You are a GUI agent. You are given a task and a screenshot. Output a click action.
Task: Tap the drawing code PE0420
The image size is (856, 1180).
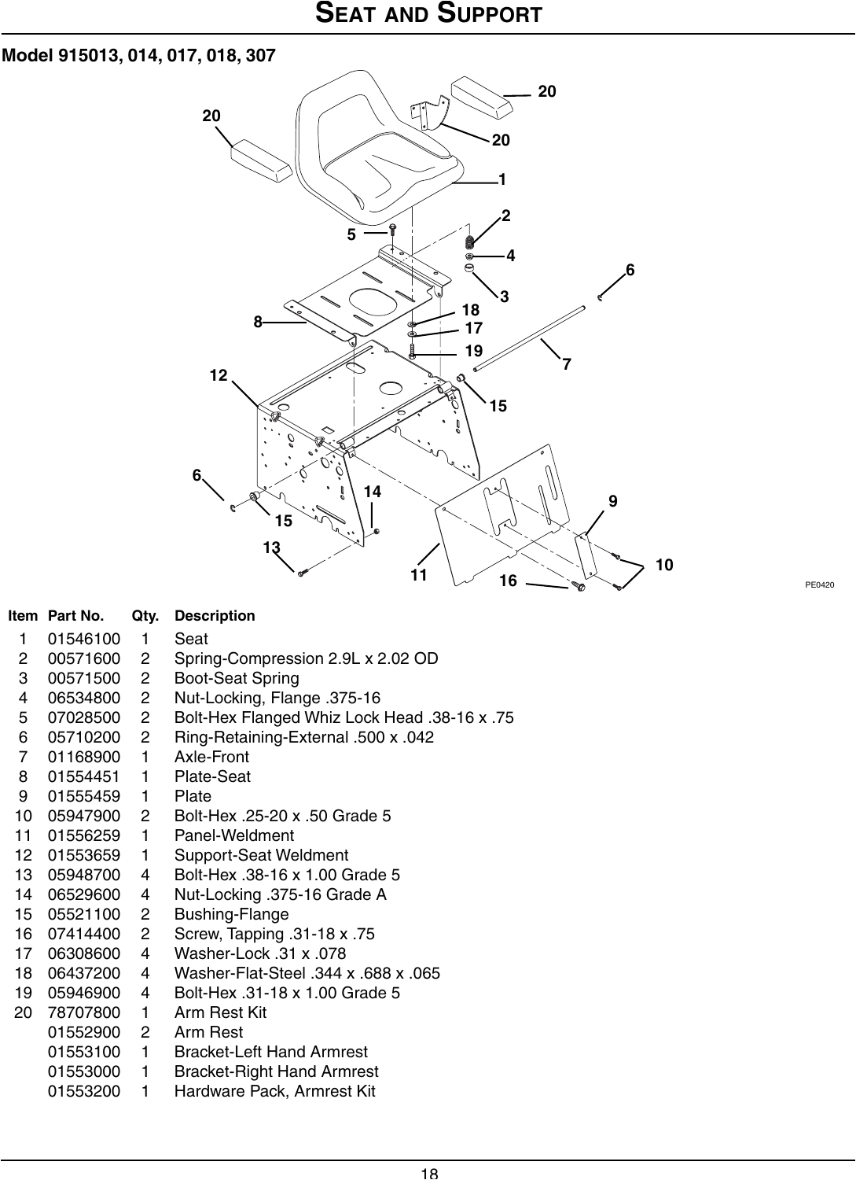tap(819, 585)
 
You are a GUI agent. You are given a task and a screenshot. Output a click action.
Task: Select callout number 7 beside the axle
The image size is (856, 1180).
tap(566, 364)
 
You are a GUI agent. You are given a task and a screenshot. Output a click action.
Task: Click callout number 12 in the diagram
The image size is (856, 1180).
tap(218, 376)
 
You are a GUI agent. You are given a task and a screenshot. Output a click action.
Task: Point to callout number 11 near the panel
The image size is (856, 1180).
tap(418, 575)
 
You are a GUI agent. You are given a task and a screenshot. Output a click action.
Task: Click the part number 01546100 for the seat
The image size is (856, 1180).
tap(84, 639)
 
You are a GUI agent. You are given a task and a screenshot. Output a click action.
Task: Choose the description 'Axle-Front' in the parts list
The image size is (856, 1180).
tap(211, 757)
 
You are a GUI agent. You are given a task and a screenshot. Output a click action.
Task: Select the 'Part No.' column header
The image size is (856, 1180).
tap(75, 616)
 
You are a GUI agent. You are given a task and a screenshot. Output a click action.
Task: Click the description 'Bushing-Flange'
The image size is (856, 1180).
tap(231, 914)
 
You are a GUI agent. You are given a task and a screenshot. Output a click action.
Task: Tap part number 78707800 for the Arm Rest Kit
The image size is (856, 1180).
tap(84, 1012)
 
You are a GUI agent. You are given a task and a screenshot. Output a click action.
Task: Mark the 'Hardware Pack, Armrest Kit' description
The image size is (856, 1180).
tap(274, 1091)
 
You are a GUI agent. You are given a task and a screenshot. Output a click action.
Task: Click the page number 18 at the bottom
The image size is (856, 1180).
tap(428, 1173)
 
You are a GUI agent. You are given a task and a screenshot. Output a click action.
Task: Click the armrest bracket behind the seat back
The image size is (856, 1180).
tap(431, 112)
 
